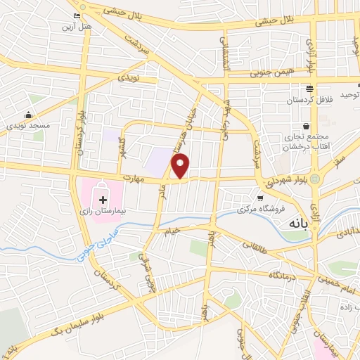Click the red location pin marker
[181, 166]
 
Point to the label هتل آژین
[77, 26]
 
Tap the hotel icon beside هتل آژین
[77, 16]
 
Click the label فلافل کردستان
[308, 100]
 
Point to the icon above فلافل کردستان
[308, 89]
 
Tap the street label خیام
[173, 229]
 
